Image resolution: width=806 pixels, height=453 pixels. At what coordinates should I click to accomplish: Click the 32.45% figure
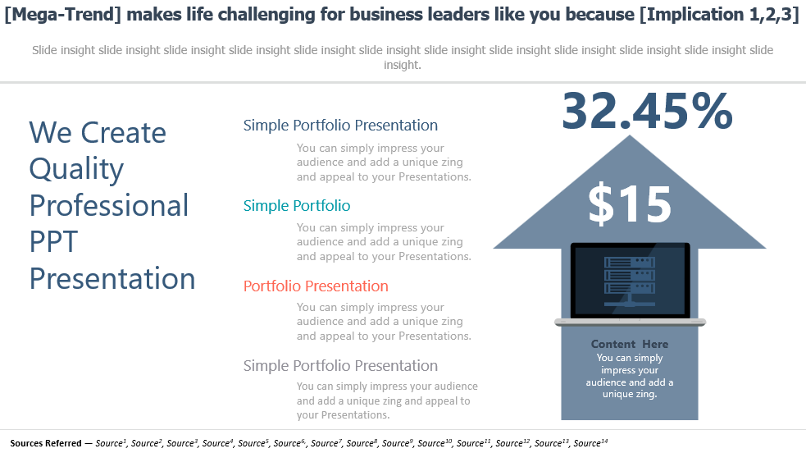click(647, 111)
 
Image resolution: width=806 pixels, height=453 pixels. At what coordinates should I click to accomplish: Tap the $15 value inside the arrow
click(630, 204)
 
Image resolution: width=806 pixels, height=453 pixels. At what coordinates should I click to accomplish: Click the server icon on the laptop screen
click(630, 281)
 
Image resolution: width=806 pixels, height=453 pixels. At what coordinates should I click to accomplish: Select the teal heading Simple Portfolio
click(297, 206)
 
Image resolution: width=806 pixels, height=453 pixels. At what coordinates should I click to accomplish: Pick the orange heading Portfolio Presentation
click(316, 286)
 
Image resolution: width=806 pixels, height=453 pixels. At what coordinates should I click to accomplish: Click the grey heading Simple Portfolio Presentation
click(340, 365)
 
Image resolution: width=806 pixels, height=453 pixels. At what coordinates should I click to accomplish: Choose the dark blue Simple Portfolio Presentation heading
click(340, 125)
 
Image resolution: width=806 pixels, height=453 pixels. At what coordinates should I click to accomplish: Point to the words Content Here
click(630, 344)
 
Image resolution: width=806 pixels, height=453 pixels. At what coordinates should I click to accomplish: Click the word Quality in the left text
click(76, 170)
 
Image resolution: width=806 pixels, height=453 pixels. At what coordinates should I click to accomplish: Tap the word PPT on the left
click(53, 241)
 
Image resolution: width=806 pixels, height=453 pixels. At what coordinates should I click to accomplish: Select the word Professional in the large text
click(109, 206)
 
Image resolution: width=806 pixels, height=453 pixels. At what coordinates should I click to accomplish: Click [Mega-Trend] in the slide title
click(62, 15)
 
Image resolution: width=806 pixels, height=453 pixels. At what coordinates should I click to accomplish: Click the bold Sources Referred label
click(46, 443)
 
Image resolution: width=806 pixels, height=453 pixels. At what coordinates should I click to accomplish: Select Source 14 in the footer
click(590, 442)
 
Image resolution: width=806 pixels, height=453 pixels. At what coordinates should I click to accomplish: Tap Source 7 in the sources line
click(326, 442)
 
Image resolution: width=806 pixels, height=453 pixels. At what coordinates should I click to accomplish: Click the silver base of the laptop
click(631, 323)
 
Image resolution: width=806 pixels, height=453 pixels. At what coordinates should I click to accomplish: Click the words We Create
click(98, 133)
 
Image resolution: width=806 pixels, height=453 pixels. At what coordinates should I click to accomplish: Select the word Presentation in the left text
click(112, 279)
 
